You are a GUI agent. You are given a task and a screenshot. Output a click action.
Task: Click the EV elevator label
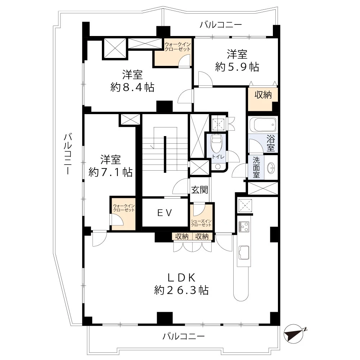click(165, 213)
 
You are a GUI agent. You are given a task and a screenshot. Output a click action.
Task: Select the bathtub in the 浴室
click(263, 125)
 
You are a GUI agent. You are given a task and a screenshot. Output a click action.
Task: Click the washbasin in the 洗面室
click(271, 167)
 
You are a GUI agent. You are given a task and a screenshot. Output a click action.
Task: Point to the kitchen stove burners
click(244, 227)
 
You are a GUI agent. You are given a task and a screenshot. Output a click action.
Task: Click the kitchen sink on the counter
click(244, 253)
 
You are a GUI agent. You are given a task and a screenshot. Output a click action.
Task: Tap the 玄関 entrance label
click(199, 190)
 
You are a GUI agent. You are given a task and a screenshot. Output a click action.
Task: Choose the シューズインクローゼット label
click(201, 223)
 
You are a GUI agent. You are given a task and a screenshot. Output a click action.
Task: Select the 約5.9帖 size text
click(237, 67)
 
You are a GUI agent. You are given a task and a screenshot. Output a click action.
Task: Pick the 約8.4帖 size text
click(132, 87)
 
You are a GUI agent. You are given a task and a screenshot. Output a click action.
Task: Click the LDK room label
click(181, 278)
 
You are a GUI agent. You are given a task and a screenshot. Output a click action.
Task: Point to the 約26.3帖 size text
click(181, 290)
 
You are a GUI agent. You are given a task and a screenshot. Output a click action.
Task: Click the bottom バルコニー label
click(184, 337)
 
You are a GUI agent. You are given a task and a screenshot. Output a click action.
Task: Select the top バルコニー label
click(221, 24)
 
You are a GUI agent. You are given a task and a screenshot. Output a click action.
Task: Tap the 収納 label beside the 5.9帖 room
click(263, 95)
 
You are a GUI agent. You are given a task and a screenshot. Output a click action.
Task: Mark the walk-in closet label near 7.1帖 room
click(124, 208)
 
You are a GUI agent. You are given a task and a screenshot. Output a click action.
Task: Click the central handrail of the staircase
click(165, 154)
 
